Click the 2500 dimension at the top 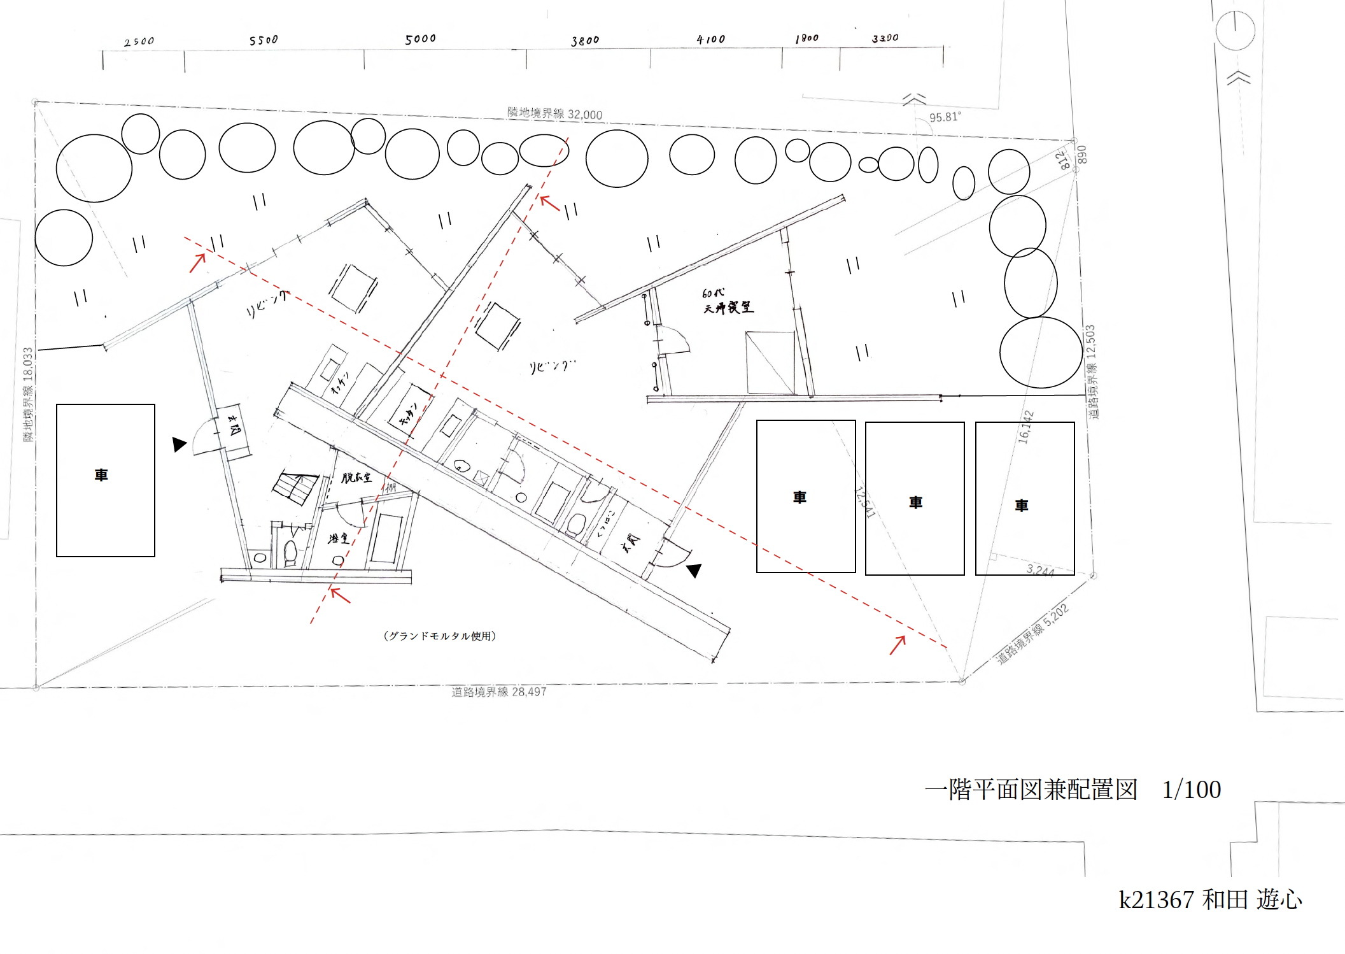tap(139, 42)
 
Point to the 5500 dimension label tap(264, 40)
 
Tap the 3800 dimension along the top tap(585, 41)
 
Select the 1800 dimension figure tap(806, 39)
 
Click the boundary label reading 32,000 tap(554, 114)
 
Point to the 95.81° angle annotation tap(945, 117)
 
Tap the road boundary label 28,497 tap(498, 692)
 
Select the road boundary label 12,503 tap(1091, 372)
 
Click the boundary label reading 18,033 tap(28, 394)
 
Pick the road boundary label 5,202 tap(1032, 634)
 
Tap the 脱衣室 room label tap(356, 478)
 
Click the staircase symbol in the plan tap(295, 487)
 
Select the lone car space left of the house tap(106, 480)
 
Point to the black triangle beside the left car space tap(179, 444)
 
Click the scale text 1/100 tap(1191, 790)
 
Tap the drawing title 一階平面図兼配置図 tap(1031, 790)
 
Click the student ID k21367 tap(1156, 900)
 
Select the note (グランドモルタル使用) tap(440, 636)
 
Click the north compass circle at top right tap(1235, 30)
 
